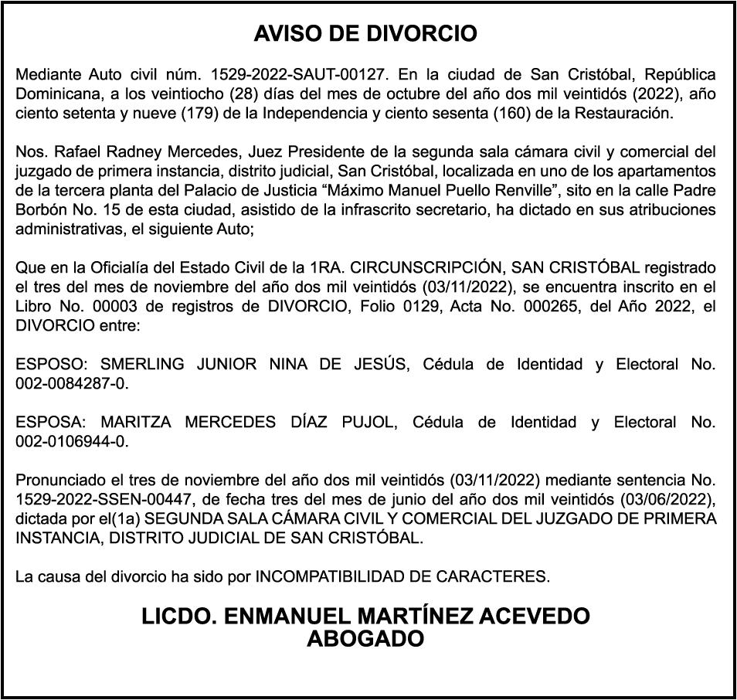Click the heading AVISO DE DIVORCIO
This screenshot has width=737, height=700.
(x=365, y=34)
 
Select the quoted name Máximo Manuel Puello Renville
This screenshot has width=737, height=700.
(x=394, y=190)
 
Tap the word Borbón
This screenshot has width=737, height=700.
(x=41, y=209)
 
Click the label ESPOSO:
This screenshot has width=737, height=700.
(x=51, y=364)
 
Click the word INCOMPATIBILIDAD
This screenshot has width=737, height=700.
(x=328, y=576)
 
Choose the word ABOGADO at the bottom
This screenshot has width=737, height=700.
(x=365, y=639)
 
